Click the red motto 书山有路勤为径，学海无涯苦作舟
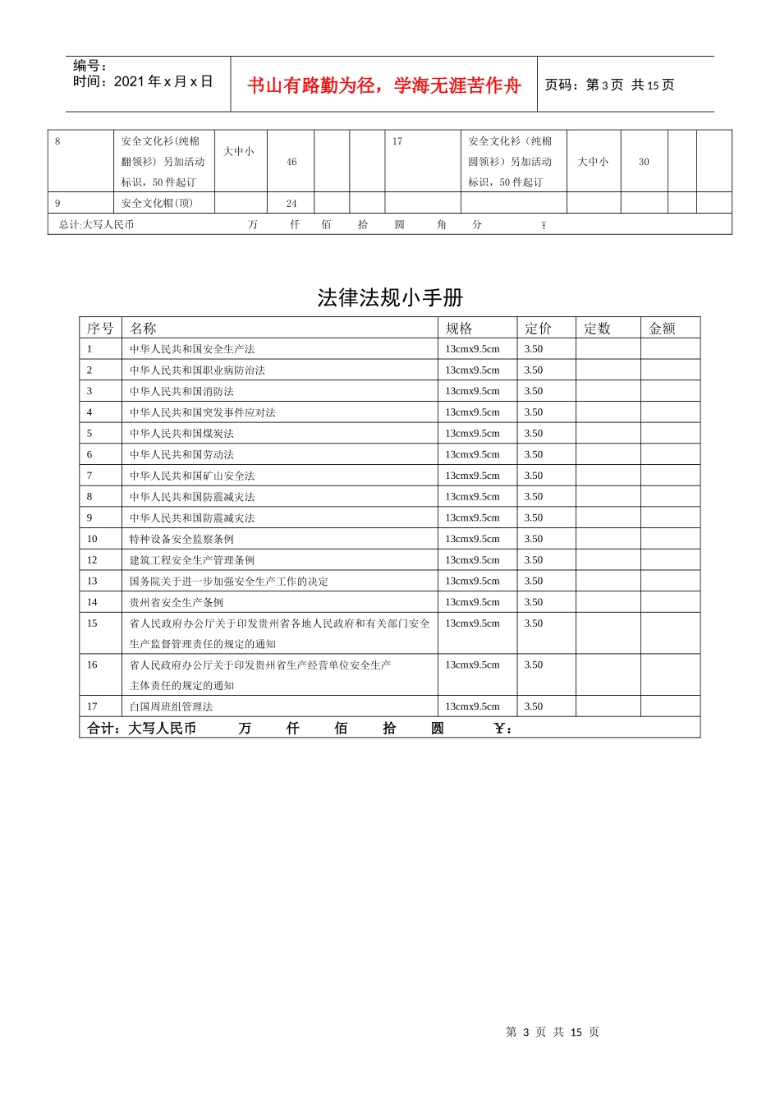click(x=383, y=85)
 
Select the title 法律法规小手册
click(x=390, y=297)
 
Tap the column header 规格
click(x=459, y=329)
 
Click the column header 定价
click(x=539, y=329)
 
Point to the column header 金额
click(x=662, y=329)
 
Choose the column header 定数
click(x=597, y=329)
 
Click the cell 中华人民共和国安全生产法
click(x=192, y=349)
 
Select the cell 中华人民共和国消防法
click(x=181, y=392)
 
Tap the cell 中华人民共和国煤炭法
click(x=181, y=434)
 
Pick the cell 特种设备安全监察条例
click(x=181, y=540)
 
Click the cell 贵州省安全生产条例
click(x=177, y=603)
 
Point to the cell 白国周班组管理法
click(x=171, y=707)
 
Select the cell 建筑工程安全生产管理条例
click(x=192, y=560)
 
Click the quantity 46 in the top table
click(x=291, y=162)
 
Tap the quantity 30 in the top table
click(x=644, y=162)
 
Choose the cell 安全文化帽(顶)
click(x=157, y=204)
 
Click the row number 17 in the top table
click(x=397, y=141)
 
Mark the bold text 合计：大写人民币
click(x=141, y=729)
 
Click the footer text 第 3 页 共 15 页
click(x=553, y=1032)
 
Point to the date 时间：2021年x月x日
click(x=143, y=81)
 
